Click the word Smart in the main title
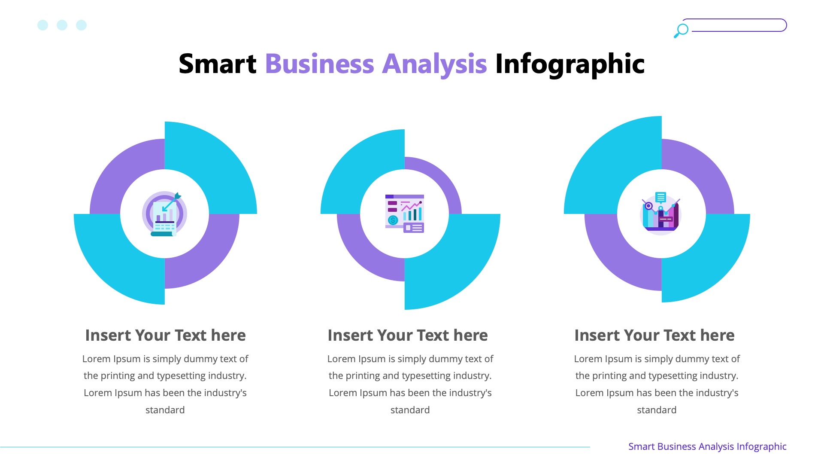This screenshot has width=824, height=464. click(x=217, y=64)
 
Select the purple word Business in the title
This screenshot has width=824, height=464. click(x=319, y=64)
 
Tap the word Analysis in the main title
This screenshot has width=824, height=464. click(x=434, y=64)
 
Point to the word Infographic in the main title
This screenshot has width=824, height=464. click(x=570, y=64)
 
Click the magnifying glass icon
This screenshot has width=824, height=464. click(x=681, y=31)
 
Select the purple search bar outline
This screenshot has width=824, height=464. click(x=738, y=25)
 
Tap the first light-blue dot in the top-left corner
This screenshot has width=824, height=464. click(x=43, y=25)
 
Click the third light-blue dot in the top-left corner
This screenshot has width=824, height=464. click(x=82, y=25)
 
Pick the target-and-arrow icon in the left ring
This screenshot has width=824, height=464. click(x=164, y=214)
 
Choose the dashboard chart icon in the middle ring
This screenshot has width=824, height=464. click(x=405, y=214)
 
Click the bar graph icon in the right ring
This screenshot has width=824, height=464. click(x=661, y=212)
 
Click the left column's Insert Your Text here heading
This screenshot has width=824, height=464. click(x=165, y=335)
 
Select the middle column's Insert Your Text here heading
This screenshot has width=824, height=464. click(x=408, y=335)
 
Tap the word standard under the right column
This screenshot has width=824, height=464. click(x=657, y=410)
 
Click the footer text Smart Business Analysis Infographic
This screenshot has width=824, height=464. click(x=707, y=446)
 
